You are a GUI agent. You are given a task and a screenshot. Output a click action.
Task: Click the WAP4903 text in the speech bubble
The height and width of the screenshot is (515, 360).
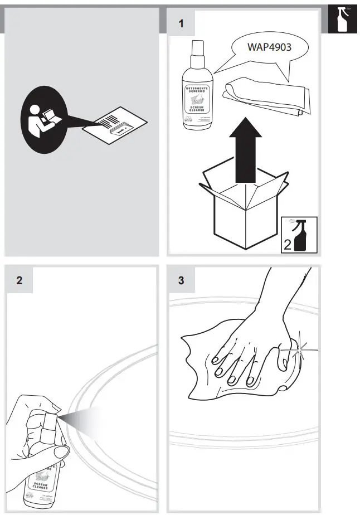coord(269,47)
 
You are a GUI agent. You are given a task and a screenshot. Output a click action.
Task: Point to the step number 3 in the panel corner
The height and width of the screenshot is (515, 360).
coord(181,280)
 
